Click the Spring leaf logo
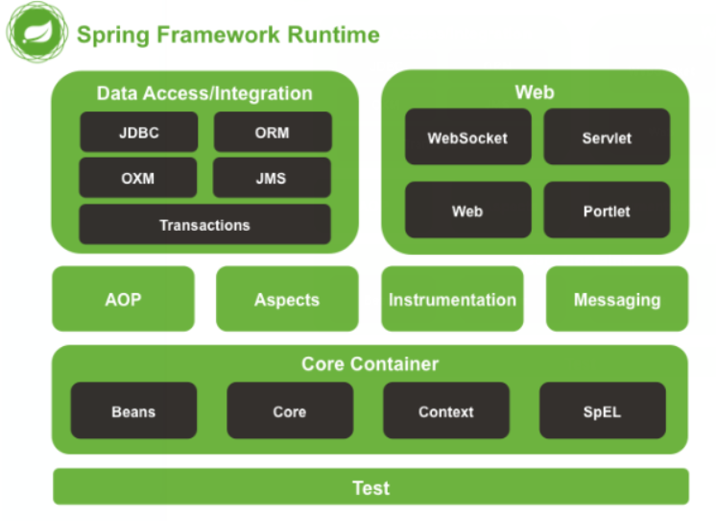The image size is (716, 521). pyautogui.click(x=37, y=32)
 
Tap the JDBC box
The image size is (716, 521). pyautogui.click(x=139, y=132)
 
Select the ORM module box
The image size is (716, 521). pyautogui.click(x=273, y=132)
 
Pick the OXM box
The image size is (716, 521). pyautogui.click(x=138, y=178)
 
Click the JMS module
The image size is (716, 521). pyautogui.click(x=272, y=178)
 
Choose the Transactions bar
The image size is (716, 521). pyautogui.click(x=205, y=224)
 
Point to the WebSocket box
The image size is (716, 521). pyautogui.click(x=468, y=136)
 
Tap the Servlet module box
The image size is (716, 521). pyautogui.click(x=607, y=136)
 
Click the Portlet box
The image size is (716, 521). pyautogui.click(x=607, y=210)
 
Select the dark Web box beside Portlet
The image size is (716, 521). pyautogui.click(x=468, y=210)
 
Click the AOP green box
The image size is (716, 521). pyautogui.click(x=123, y=299)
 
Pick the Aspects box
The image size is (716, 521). pyautogui.click(x=287, y=299)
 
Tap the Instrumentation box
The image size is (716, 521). pyautogui.click(x=452, y=299)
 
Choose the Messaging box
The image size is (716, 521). pyautogui.click(x=617, y=299)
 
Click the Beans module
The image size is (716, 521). pyautogui.click(x=133, y=410)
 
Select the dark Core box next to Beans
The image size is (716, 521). pyautogui.click(x=290, y=410)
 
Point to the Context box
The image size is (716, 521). pyautogui.click(x=446, y=410)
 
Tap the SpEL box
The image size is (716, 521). pyautogui.click(x=603, y=410)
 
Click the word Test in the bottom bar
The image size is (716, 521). pyautogui.click(x=371, y=487)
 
